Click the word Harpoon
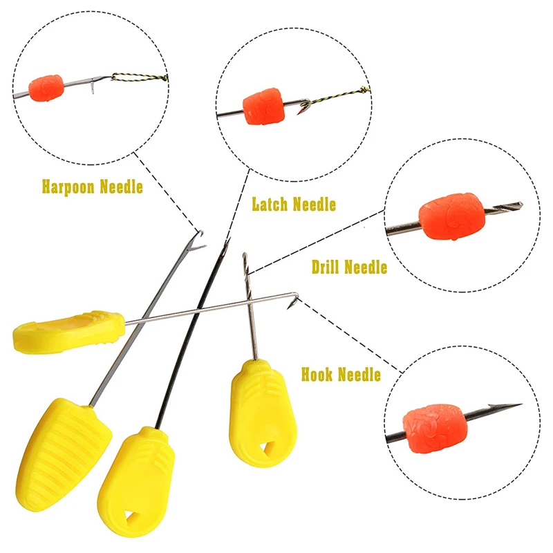pos(68,187)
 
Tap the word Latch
pos(270,204)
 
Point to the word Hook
pos(317,374)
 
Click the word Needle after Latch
pos(315,205)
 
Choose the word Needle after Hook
pos(359,375)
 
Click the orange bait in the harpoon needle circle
pos(46,88)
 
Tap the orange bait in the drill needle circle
pos(451,216)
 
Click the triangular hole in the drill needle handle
pos(265,450)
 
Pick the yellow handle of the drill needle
pos(263,413)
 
